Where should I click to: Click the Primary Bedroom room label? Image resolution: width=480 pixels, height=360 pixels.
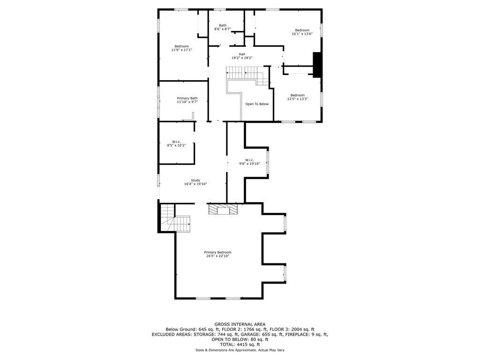click(217, 252)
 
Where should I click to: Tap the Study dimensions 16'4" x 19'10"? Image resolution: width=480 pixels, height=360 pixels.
click(195, 184)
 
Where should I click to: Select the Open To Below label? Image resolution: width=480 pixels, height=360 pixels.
click(257, 104)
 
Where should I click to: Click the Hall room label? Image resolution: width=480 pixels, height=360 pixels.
click(242, 54)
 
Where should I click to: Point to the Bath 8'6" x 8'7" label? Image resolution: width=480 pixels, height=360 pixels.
click(223, 27)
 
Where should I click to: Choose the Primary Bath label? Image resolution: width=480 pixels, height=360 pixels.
click(187, 98)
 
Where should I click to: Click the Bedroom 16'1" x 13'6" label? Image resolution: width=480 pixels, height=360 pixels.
click(302, 32)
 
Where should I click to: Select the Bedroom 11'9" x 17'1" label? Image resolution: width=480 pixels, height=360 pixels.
click(181, 48)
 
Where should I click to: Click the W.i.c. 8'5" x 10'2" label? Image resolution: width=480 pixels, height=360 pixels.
click(176, 143)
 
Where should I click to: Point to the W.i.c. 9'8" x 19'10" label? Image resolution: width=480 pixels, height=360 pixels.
click(249, 162)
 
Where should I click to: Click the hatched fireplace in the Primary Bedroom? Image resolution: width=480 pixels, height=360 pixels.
click(224, 209)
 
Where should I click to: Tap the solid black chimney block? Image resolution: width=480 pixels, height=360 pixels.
click(317, 65)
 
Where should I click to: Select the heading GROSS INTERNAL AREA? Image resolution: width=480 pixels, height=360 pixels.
click(240, 324)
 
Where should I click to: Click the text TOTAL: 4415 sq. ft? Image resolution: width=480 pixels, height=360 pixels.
click(240, 345)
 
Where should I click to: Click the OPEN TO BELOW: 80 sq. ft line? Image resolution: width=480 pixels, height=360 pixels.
click(240, 339)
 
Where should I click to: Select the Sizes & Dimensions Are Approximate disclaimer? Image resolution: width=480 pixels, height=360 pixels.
click(240, 350)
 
